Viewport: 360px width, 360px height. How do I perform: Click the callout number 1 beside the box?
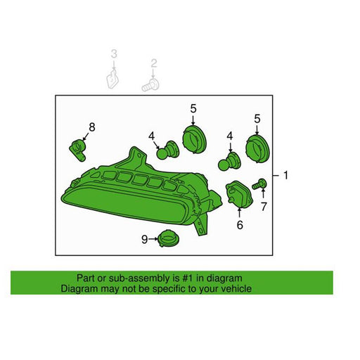click(285, 175)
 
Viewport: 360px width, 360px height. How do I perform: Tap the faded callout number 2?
click(153, 64)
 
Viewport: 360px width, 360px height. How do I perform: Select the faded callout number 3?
click(114, 54)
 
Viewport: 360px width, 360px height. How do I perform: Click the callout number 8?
click(92, 127)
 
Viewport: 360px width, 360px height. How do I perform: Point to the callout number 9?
click(145, 239)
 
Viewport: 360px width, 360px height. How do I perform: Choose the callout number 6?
click(240, 225)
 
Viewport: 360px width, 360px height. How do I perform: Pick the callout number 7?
click(264, 207)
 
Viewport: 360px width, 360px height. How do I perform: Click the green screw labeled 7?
click(259, 184)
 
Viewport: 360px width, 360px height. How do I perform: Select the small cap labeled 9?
click(168, 238)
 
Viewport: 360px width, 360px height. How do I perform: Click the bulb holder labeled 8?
click(78, 150)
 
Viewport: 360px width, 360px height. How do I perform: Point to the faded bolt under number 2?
click(150, 85)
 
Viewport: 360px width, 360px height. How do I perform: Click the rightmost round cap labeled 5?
click(257, 148)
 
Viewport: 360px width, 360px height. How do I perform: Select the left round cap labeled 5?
click(194, 139)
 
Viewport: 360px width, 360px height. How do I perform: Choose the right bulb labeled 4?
click(229, 161)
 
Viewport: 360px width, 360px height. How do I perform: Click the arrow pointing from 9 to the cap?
click(153, 239)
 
